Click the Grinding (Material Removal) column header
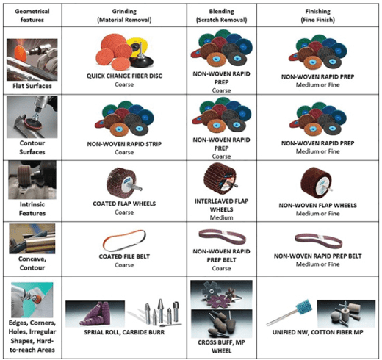(x=124, y=15)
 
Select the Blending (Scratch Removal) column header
(x=221, y=15)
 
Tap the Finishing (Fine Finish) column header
(x=317, y=15)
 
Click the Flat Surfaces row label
(x=32, y=86)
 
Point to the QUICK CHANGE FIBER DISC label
(x=124, y=76)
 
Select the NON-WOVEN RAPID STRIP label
(x=124, y=144)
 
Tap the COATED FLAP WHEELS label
(x=124, y=204)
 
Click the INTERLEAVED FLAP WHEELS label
(x=221, y=205)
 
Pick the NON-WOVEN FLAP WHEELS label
(x=317, y=205)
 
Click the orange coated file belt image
(x=124, y=241)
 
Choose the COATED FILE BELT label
(x=124, y=256)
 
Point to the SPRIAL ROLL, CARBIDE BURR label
(x=124, y=332)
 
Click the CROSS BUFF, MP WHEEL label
(x=221, y=346)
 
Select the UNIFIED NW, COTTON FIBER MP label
(x=317, y=332)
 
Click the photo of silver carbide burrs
(x=156, y=314)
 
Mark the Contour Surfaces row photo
(x=32, y=117)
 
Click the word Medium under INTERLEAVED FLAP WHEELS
(x=221, y=217)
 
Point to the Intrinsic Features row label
(x=32, y=209)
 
